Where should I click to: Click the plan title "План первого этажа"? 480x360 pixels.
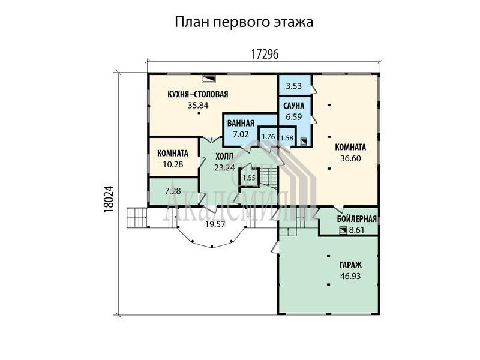(x=244, y=22)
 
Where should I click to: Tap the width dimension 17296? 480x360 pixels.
(x=265, y=55)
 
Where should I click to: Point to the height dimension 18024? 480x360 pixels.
(x=109, y=199)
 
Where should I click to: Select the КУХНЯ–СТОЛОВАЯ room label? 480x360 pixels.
(x=198, y=94)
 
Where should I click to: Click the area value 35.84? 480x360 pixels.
(x=198, y=106)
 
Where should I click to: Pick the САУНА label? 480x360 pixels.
(x=293, y=106)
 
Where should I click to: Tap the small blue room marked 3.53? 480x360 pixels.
(x=294, y=86)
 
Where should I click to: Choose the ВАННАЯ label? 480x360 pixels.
(x=241, y=123)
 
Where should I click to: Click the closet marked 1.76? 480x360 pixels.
(x=268, y=137)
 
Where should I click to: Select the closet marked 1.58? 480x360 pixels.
(x=287, y=138)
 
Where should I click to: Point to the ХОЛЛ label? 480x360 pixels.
(x=224, y=157)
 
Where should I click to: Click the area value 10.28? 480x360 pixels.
(x=173, y=164)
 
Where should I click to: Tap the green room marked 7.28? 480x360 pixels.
(x=173, y=191)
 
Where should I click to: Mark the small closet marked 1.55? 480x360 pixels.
(x=249, y=178)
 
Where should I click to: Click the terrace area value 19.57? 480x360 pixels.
(x=215, y=224)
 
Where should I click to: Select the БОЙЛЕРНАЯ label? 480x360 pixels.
(x=356, y=219)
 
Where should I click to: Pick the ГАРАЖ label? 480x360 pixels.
(x=350, y=265)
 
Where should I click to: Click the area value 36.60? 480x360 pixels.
(x=350, y=158)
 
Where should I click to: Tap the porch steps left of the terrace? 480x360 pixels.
(x=137, y=217)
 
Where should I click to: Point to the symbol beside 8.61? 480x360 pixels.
(x=343, y=230)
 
